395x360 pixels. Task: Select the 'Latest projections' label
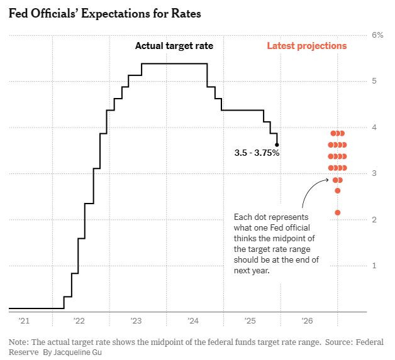coord(306,46)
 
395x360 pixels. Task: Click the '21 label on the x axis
coord(24,321)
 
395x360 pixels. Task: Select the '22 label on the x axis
coord(79,321)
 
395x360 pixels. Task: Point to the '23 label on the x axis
coord(136,321)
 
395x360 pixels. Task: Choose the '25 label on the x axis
coord(250,321)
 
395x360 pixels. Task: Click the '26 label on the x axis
coord(308,321)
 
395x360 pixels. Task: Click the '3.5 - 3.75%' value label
coord(256,153)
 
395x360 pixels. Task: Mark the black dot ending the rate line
coord(277,145)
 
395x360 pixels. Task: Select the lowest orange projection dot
coord(338,212)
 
